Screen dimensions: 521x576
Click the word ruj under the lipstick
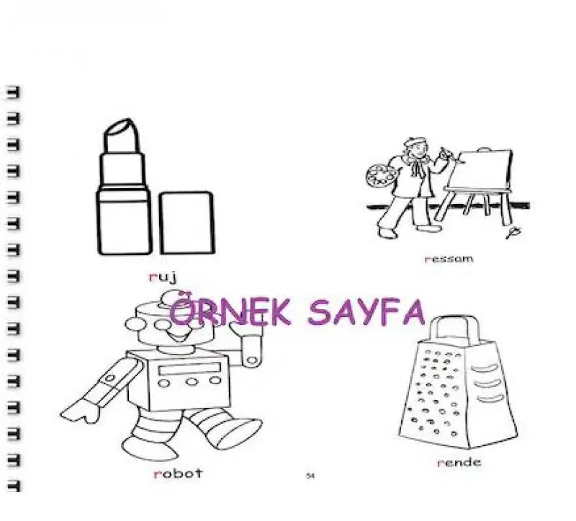pyautogui.click(x=163, y=277)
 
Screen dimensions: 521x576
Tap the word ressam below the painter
pyautogui.click(x=449, y=259)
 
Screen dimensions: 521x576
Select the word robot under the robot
pyautogui.click(x=178, y=473)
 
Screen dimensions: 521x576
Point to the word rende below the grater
pyautogui.click(x=459, y=462)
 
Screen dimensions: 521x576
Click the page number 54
pyautogui.click(x=311, y=476)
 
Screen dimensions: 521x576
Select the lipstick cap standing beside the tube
pyautogui.click(x=186, y=223)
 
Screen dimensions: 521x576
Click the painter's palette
pyautogui.click(x=377, y=175)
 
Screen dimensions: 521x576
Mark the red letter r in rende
pyautogui.click(x=439, y=463)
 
